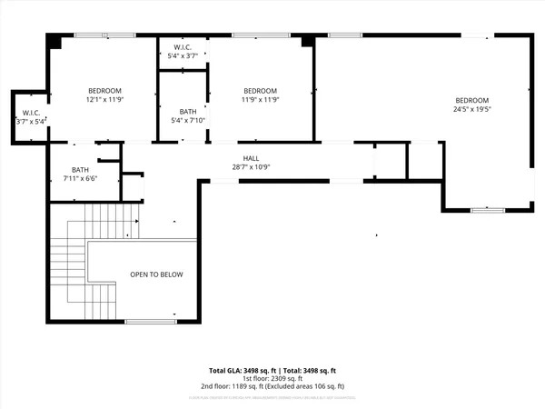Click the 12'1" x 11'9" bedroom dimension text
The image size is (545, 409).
[104, 100]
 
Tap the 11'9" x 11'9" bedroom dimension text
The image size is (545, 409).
[260, 100]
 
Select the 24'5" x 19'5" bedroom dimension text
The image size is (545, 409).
[471, 109]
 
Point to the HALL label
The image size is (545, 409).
[252, 157]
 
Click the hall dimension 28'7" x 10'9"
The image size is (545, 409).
[252, 166]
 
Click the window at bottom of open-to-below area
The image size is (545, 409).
[150, 322]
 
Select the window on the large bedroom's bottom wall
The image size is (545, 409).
[487, 211]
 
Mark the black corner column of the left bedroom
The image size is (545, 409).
[55, 42]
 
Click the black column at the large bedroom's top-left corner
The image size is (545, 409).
[308, 41]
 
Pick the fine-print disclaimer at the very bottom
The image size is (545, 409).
[272, 397]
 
